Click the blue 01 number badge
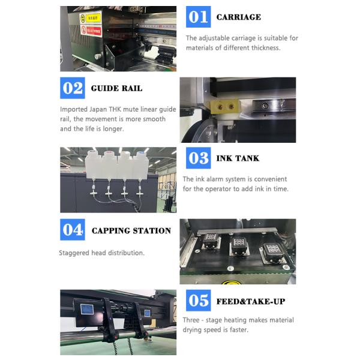(x=199, y=17)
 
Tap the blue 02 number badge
(x=73, y=88)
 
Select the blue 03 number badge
(x=199, y=158)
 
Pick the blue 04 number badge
(x=73, y=230)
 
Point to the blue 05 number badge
(x=199, y=301)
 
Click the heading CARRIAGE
(x=239, y=17)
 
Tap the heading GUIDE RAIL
(x=116, y=88)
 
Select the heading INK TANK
(x=238, y=158)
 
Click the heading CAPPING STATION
(x=131, y=231)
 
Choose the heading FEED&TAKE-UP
(x=251, y=301)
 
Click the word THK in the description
(x=115, y=109)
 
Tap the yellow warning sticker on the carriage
(x=91, y=18)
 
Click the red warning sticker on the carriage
(x=91, y=31)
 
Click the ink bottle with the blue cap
(x=141, y=164)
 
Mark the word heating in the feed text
(x=236, y=320)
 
